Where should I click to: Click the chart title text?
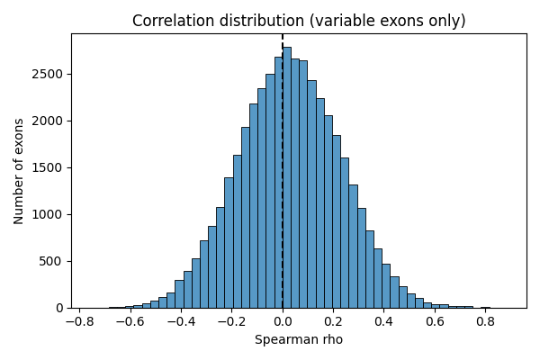[x=299, y=21]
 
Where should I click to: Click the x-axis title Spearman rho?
[x=299, y=340]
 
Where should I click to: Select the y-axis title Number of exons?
[x=19, y=171]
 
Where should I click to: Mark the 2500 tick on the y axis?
[x=49, y=74]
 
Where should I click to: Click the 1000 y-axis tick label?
[x=49, y=214]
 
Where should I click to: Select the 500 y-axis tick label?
[x=52, y=261]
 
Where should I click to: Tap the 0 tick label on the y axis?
[x=58, y=308]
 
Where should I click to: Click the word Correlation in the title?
[x=172, y=21]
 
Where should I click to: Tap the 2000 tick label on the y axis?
[x=49, y=121]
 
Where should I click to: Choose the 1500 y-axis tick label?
[x=49, y=167]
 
